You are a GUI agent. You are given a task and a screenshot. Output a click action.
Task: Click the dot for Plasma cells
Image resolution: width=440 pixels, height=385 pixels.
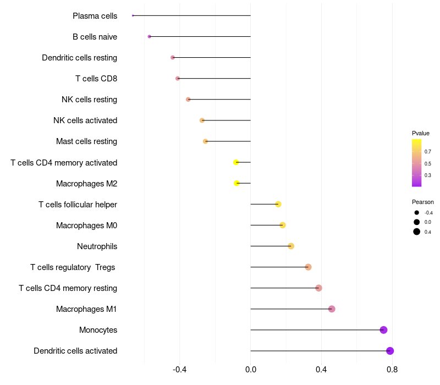pyautogui.click(x=133, y=16)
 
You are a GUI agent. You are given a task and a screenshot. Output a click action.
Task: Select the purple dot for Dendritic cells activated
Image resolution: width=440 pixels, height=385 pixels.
pyautogui.click(x=390, y=351)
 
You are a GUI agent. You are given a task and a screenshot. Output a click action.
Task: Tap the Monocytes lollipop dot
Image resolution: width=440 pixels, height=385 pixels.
pyautogui.click(x=383, y=330)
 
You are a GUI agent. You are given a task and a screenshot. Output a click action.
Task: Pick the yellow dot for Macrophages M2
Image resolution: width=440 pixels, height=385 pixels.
pyautogui.click(x=237, y=183)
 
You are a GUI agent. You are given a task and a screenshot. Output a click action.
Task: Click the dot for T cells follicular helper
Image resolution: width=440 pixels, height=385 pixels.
pyautogui.click(x=278, y=204)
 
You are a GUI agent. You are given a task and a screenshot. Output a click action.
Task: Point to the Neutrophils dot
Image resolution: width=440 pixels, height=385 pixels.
pyautogui.click(x=291, y=246)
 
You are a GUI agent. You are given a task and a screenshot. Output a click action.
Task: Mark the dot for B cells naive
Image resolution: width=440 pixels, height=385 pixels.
pyautogui.click(x=149, y=36)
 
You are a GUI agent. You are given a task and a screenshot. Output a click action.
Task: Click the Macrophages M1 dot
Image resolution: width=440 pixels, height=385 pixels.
pyautogui.click(x=332, y=309)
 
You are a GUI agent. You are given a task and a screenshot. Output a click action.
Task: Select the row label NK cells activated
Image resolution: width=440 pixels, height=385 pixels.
pyautogui.click(x=85, y=120)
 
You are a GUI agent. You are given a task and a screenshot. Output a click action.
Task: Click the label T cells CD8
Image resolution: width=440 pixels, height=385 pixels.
pyautogui.click(x=96, y=79)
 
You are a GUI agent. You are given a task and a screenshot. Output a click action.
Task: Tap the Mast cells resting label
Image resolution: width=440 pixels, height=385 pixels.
pyautogui.click(x=86, y=141)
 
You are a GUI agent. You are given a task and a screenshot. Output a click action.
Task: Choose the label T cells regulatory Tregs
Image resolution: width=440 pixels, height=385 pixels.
pyautogui.click(x=73, y=267)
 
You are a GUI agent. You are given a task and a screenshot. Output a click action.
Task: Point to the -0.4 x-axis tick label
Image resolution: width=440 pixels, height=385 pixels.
pyautogui.click(x=180, y=369)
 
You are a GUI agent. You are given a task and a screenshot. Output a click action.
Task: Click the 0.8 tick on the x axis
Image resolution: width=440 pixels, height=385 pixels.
pyautogui.click(x=392, y=369)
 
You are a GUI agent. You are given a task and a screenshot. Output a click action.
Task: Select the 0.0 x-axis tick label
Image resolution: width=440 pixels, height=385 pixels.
pyautogui.click(x=251, y=369)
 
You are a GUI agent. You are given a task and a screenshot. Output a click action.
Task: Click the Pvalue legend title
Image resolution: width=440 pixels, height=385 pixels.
pyautogui.click(x=421, y=133)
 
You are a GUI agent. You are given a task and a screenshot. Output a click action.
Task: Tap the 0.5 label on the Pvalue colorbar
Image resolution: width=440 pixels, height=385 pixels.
pyautogui.click(x=428, y=163)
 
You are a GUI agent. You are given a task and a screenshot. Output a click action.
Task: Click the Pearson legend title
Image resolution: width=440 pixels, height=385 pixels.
pyautogui.click(x=422, y=202)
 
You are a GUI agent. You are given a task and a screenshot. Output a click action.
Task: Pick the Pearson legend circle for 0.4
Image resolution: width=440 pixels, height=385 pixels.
pyautogui.click(x=417, y=232)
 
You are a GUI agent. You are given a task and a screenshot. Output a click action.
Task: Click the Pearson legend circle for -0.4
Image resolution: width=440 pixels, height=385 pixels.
pyautogui.click(x=417, y=213)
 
